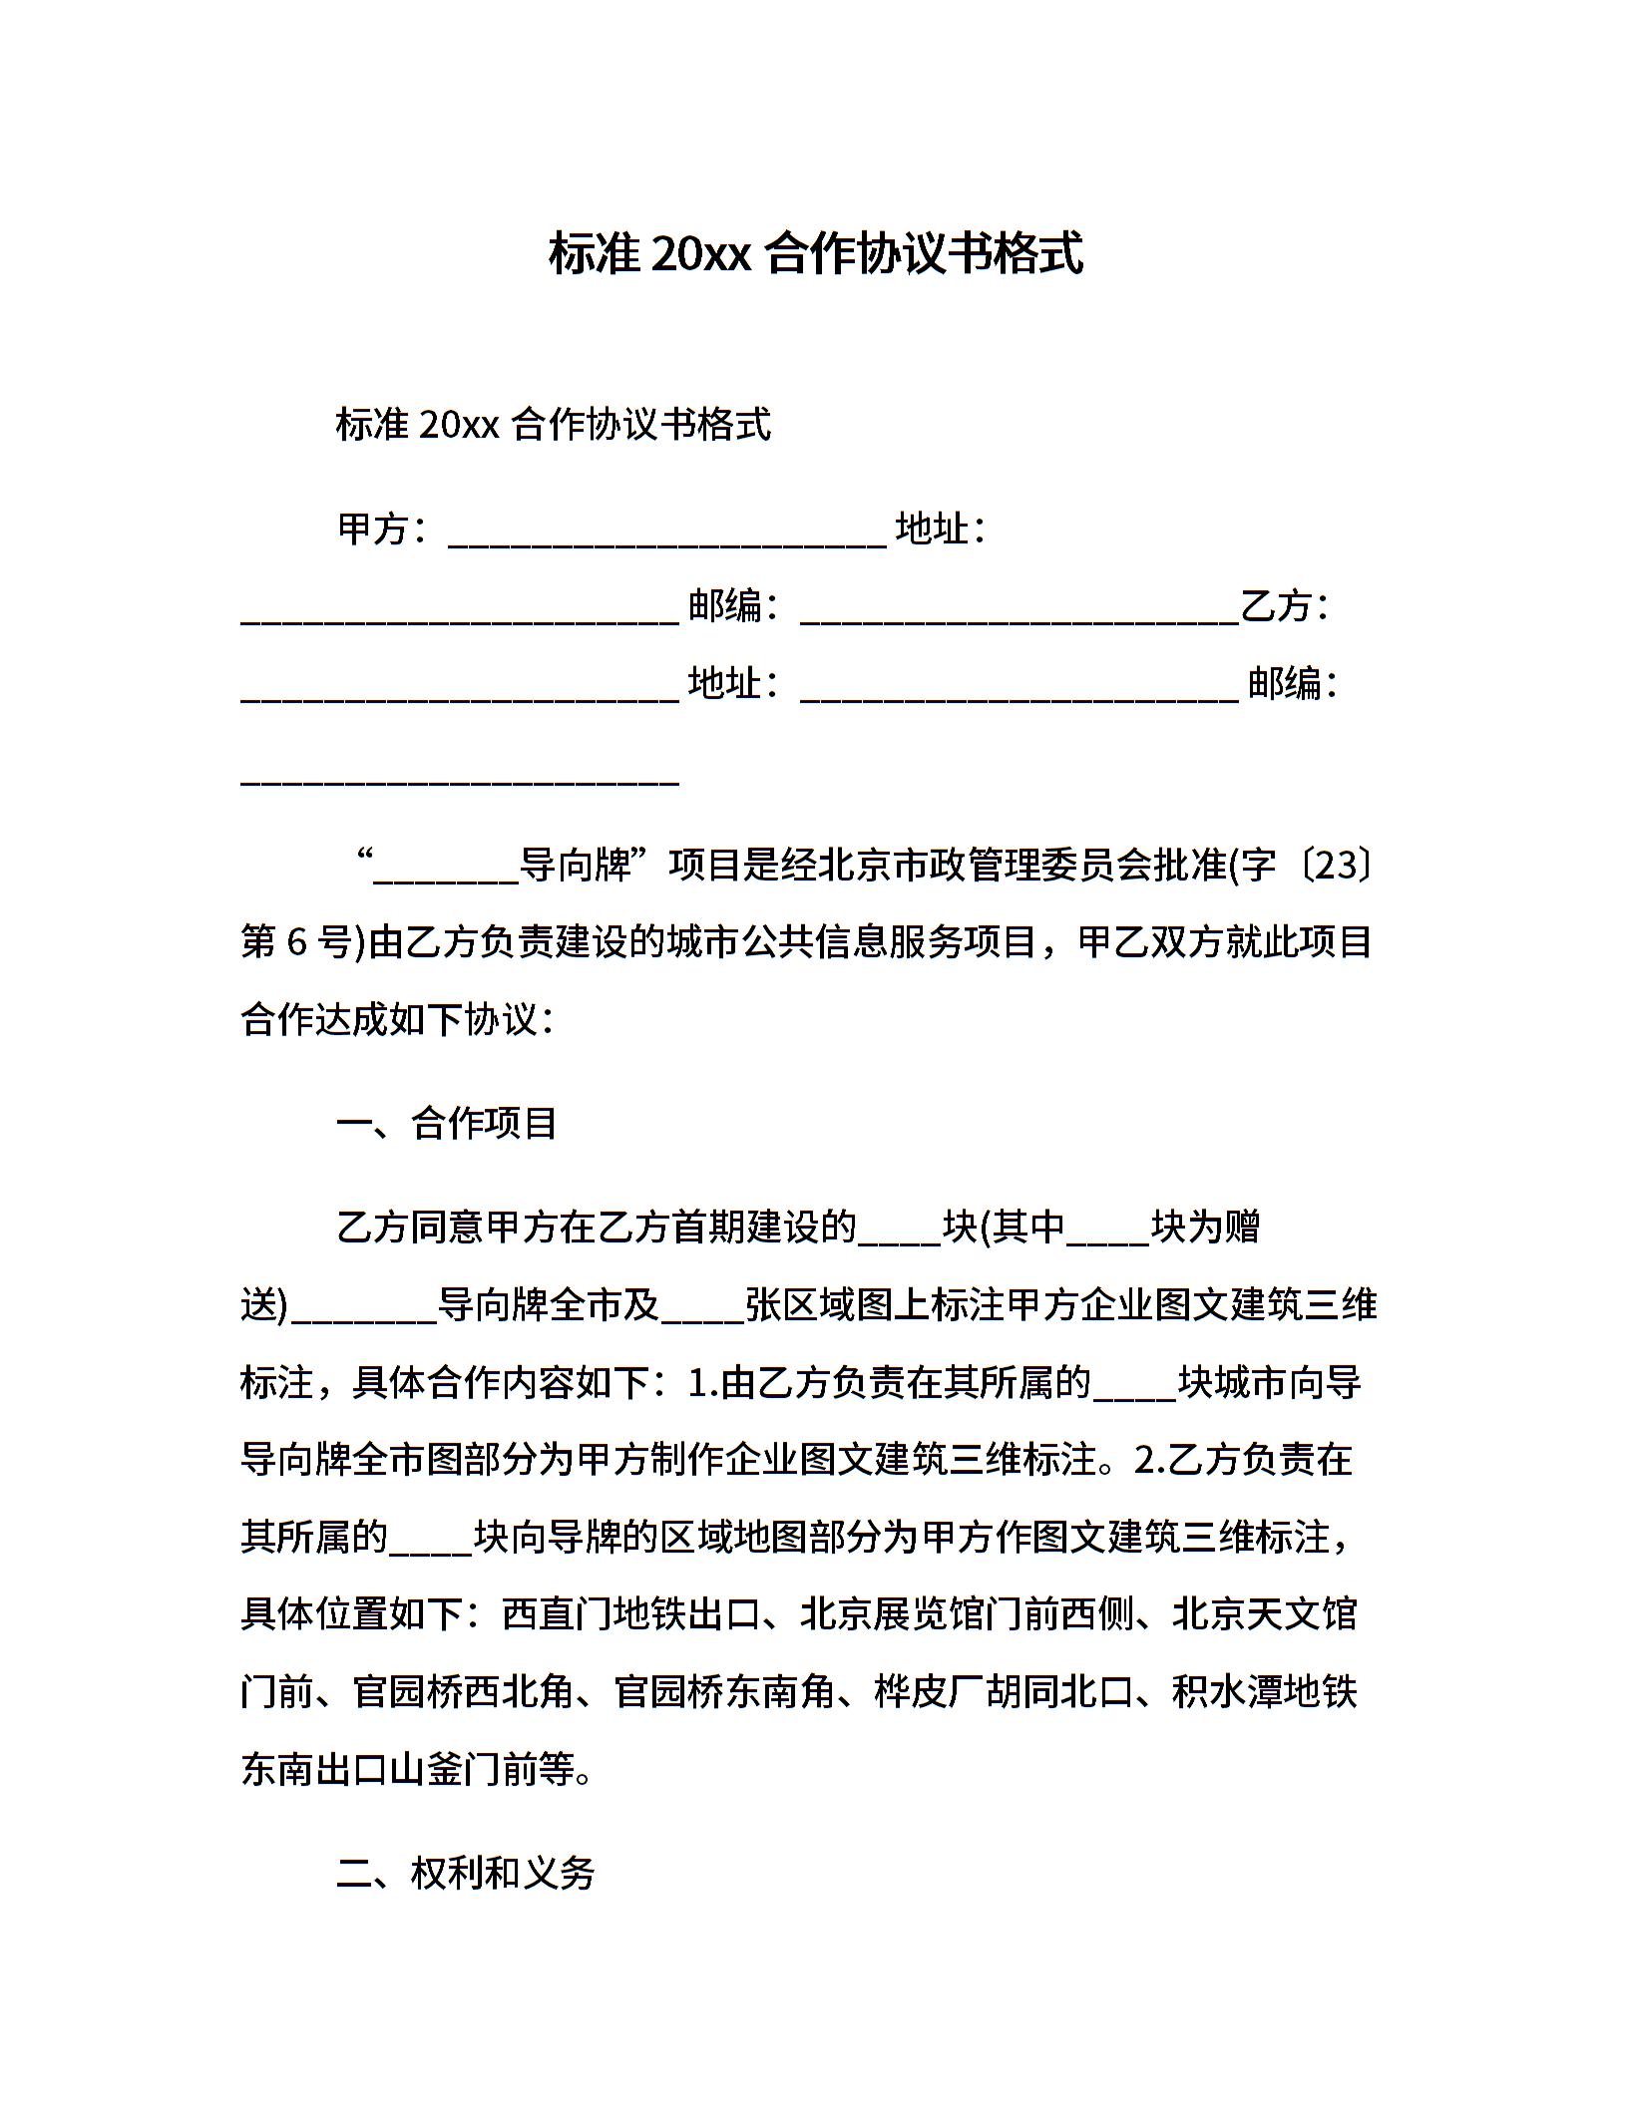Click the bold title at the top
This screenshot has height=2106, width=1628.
[815, 254]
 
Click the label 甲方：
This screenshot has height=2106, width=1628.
[385, 528]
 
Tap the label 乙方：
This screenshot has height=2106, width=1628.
[1285, 606]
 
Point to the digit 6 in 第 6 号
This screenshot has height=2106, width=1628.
[296, 942]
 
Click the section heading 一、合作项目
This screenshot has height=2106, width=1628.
[447, 1124]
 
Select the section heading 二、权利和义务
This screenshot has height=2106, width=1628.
[466, 1874]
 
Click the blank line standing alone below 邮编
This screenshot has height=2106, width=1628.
[460, 780]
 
